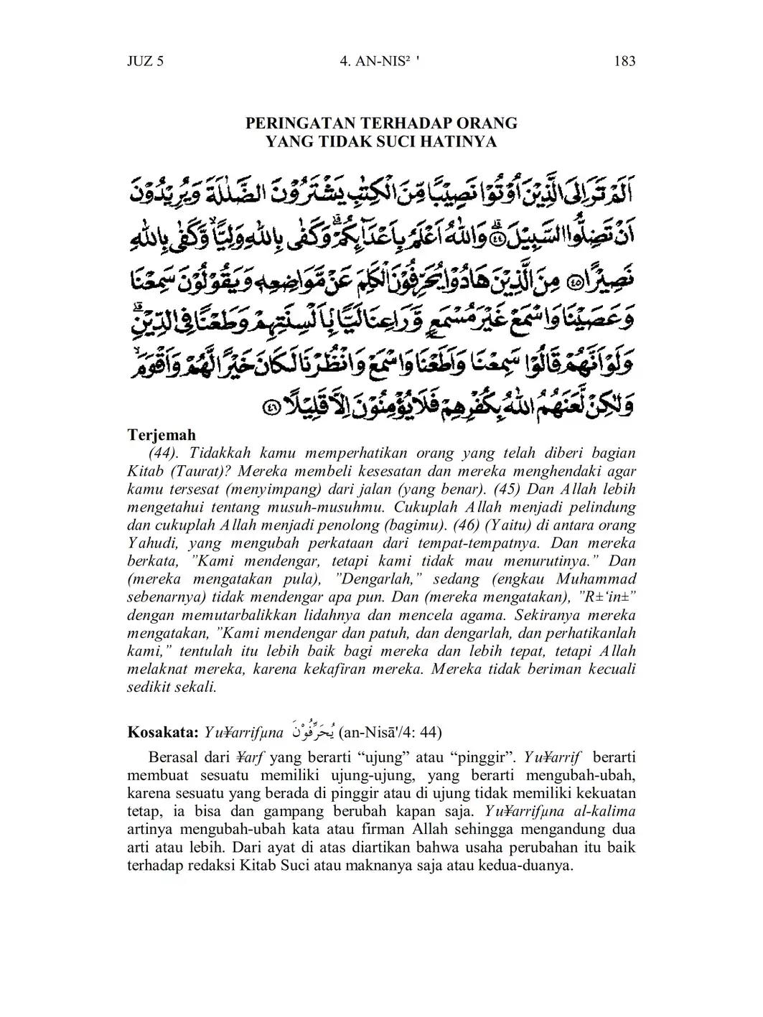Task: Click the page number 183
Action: tap(624, 61)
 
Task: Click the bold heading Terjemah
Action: tap(162, 435)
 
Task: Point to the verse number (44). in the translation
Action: tap(166, 454)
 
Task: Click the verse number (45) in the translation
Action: tap(509, 489)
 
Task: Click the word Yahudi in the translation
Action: tap(154, 543)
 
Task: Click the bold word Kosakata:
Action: tap(162, 732)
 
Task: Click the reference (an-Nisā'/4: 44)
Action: tap(390, 732)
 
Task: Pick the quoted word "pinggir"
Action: tap(426, 758)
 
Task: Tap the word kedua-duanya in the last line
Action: tap(530, 866)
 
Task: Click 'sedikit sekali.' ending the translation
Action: tap(172, 687)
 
